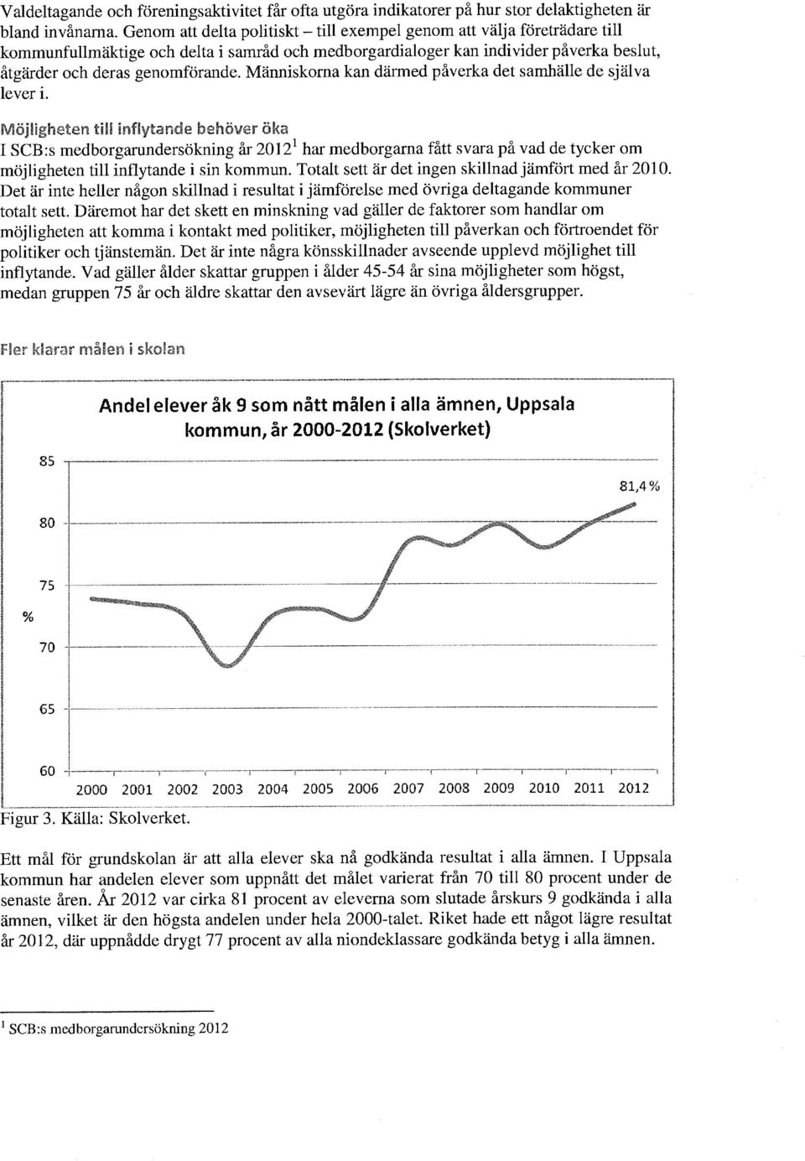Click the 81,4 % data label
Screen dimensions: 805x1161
639,487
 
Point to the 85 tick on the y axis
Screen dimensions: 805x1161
47,461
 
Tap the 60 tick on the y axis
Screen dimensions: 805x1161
47,771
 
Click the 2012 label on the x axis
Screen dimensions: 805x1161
634,789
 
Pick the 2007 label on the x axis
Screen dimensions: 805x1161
408,789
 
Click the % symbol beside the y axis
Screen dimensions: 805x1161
28,617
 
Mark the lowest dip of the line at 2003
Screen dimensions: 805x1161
228,666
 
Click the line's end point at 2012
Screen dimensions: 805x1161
634,504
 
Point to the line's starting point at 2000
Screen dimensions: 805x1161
91,599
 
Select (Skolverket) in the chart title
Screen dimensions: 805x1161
439,430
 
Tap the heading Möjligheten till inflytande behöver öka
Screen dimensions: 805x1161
144,128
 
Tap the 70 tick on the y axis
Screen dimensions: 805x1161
47,648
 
